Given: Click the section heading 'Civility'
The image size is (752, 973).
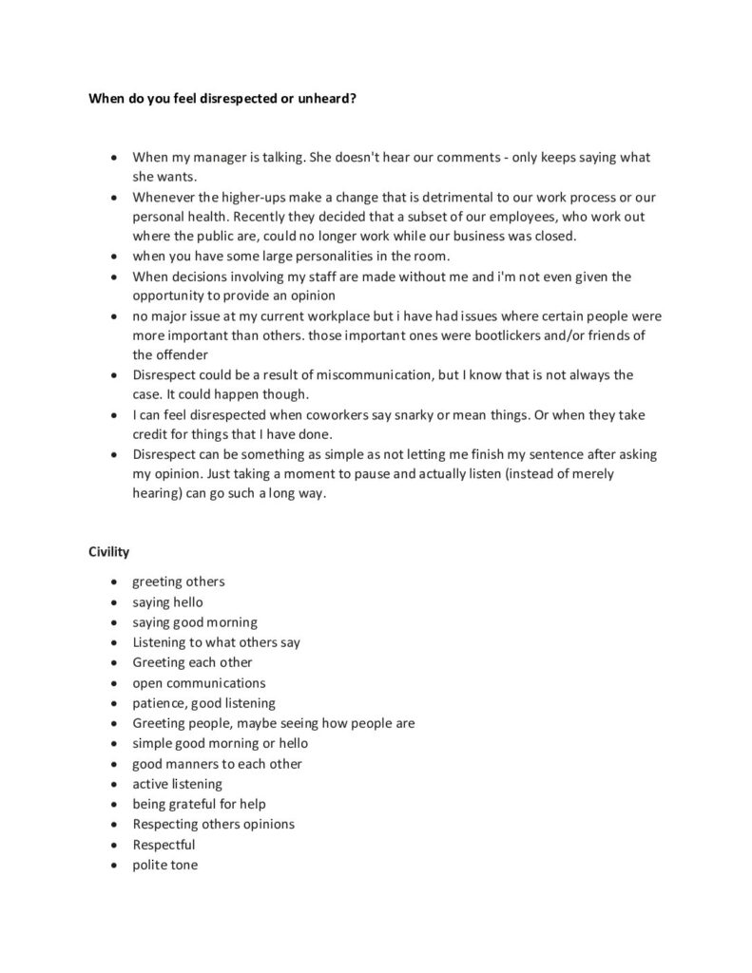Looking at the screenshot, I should [x=109, y=550].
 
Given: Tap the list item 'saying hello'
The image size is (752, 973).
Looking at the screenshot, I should [x=167, y=601].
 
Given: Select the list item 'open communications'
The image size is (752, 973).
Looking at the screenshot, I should [x=199, y=682].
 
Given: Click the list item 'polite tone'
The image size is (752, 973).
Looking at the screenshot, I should [x=165, y=865].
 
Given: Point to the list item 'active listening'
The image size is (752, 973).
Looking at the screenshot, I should [x=177, y=784].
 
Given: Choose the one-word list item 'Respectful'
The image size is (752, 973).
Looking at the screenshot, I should [x=164, y=845].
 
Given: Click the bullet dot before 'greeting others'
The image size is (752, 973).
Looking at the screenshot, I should [x=114, y=582].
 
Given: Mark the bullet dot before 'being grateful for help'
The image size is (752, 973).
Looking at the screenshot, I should [x=114, y=805].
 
